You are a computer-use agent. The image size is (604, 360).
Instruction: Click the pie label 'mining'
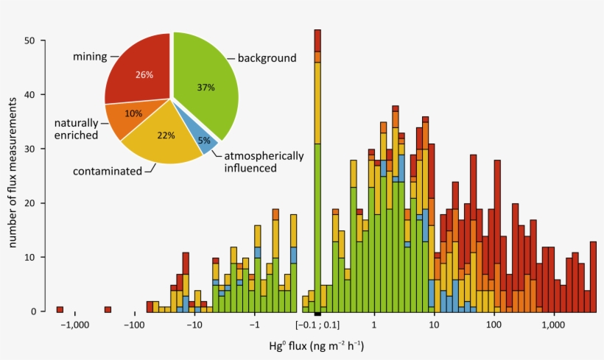coord(91,56)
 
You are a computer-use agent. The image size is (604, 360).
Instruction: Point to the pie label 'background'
coord(267,57)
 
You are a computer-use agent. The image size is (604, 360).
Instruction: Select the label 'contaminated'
coord(107,171)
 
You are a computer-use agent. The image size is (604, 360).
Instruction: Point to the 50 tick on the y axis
coord(30,40)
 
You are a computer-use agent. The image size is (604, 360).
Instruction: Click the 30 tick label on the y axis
coord(30,149)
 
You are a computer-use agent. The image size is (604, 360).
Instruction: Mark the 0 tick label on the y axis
coord(33,311)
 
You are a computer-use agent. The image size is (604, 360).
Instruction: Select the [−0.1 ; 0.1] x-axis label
coord(317,325)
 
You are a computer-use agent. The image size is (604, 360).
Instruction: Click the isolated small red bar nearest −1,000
coord(60,309)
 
